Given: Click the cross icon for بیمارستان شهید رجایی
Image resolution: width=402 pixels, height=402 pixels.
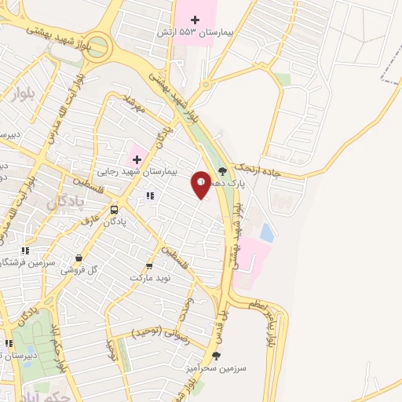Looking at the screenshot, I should pyautogui.click(x=136, y=158).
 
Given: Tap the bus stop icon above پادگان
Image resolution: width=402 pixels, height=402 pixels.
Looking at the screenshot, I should pyautogui.click(x=115, y=210).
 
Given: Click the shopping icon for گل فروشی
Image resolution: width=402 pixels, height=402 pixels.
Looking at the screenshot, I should pyautogui.click(x=79, y=258).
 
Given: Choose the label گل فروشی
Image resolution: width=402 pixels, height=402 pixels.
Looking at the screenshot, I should pyautogui.click(x=82, y=269).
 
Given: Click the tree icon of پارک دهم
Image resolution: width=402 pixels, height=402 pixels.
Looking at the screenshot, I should pyautogui.click(x=222, y=170).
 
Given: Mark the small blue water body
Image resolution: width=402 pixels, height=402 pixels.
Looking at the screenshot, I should pyautogui.click(x=266, y=232).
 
